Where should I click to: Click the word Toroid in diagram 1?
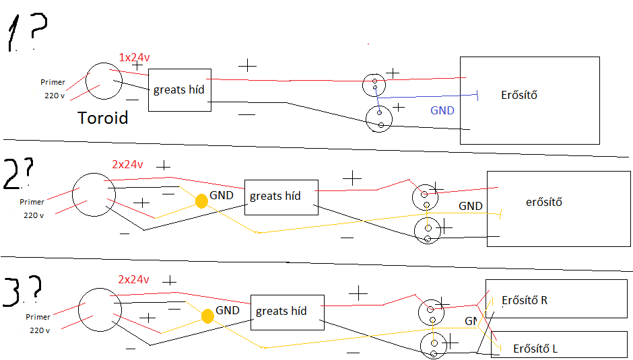click(x=103, y=119)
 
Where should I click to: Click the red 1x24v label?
click(x=133, y=57)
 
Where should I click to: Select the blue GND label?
click(x=442, y=110)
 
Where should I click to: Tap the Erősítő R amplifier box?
click(x=559, y=299)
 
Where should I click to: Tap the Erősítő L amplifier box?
click(x=562, y=345)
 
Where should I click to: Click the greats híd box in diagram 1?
click(x=179, y=90)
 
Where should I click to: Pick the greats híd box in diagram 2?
click(x=281, y=197)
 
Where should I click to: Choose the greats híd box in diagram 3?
click(x=287, y=312)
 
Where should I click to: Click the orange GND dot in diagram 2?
click(x=201, y=201)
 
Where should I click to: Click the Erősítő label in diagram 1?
click(x=519, y=95)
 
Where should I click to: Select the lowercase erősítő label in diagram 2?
click(x=543, y=202)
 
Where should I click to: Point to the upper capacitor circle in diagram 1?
click(x=374, y=84)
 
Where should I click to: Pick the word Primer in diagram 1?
click(x=53, y=83)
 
